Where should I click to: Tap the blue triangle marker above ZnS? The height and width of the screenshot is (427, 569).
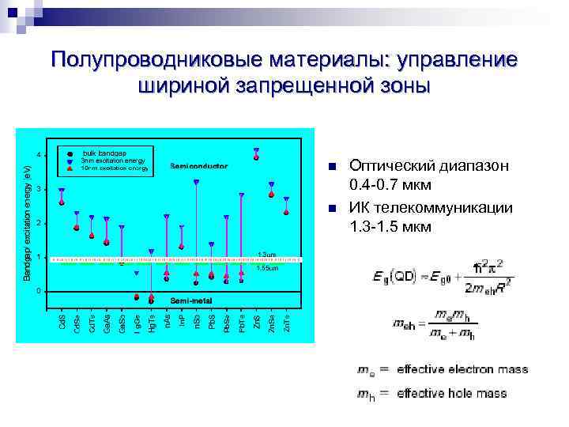pyautogui.click(x=256, y=150)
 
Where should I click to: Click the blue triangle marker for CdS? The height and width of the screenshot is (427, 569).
pyautogui.click(x=62, y=191)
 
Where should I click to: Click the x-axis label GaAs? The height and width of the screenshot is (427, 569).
pyautogui.click(x=106, y=323)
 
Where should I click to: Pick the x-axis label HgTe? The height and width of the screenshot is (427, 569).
pyautogui.click(x=152, y=323)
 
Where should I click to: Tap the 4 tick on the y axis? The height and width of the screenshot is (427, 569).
pyautogui.click(x=40, y=154)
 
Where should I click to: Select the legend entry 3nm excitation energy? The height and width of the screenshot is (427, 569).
pyautogui.click(x=113, y=160)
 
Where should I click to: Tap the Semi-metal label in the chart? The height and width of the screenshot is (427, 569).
pyautogui.click(x=193, y=301)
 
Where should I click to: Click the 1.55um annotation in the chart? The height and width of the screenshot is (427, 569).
pyautogui.click(x=266, y=268)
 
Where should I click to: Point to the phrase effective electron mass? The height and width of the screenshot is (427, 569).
pyautogui.click(x=462, y=369)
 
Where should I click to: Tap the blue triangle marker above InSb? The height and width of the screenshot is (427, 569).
pyautogui.click(x=196, y=182)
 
